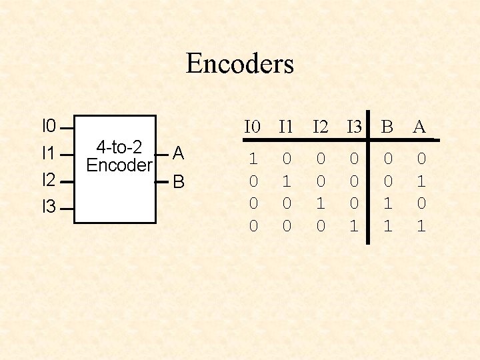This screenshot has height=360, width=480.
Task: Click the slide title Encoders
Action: [x=239, y=64]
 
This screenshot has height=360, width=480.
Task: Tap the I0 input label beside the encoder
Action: [x=49, y=125]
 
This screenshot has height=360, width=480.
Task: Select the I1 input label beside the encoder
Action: [x=49, y=153]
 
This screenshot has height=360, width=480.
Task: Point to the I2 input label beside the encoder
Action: [x=49, y=180]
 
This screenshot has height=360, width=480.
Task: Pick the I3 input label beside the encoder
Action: [x=49, y=207]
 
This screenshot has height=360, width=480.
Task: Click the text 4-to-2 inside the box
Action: [x=119, y=147]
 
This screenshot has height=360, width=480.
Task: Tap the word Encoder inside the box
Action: [x=119, y=165]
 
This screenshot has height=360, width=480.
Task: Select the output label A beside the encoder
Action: [x=178, y=154]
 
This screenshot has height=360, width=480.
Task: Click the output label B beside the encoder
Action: [x=178, y=182]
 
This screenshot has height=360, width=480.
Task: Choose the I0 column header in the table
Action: [x=253, y=127]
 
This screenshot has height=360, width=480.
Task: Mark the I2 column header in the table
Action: [x=321, y=127]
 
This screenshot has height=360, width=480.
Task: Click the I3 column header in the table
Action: [x=354, y=127]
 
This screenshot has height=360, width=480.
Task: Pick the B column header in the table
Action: [x=387, y=127]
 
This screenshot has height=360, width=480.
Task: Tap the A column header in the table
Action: [x=419, y=127]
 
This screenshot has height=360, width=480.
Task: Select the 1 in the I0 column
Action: [x=253, y=159]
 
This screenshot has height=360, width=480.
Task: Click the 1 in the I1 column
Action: [x=287, y=181]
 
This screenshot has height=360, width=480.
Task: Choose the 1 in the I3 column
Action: [x=354, y=227]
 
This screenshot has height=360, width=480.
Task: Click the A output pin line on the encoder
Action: [x=162, y=154]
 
